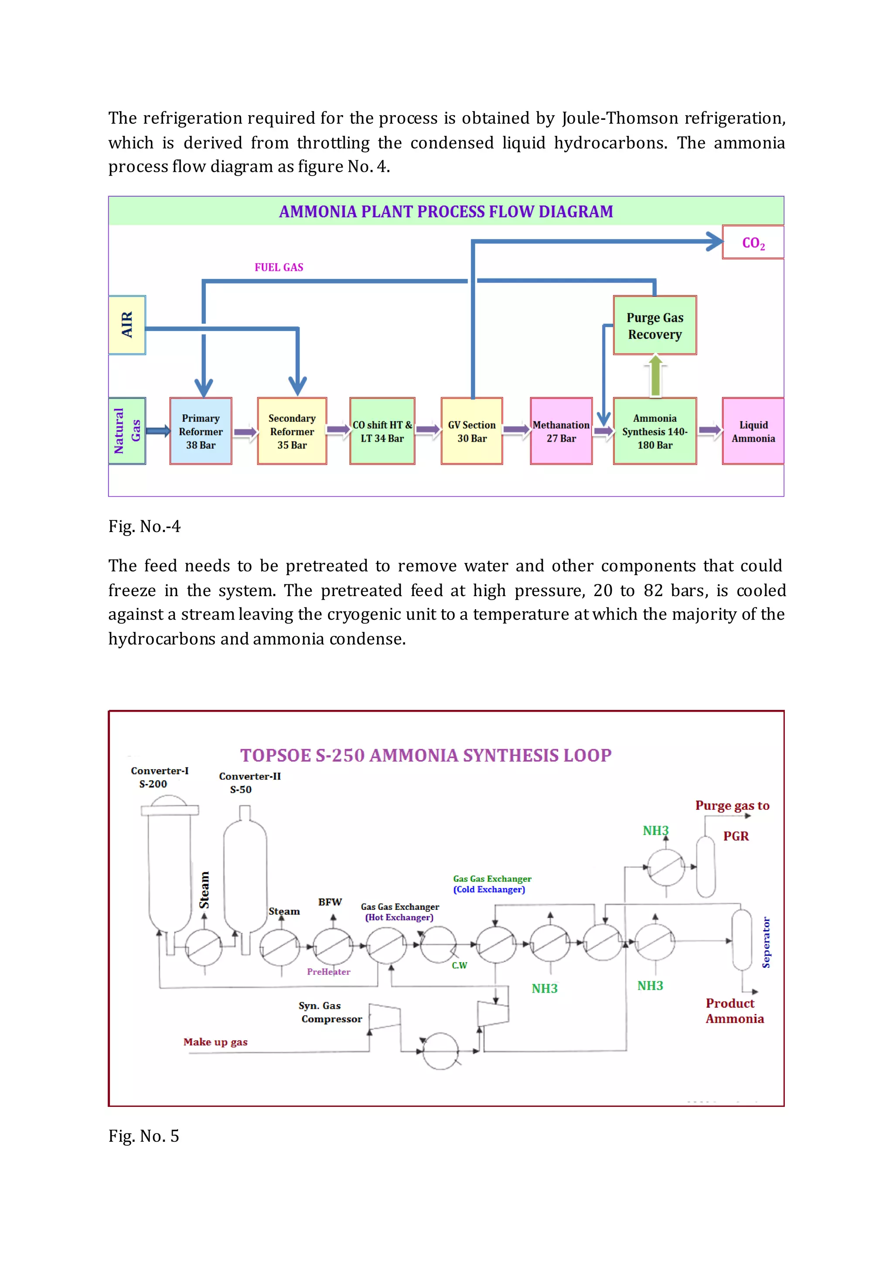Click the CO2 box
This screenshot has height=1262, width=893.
tap(752, 242)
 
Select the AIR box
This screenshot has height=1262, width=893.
tap(127, 325)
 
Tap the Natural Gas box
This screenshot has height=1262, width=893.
tap(127, 431)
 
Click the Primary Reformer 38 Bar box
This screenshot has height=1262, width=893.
tap(201, 431)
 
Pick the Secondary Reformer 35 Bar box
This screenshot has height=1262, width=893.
tap(292, 431)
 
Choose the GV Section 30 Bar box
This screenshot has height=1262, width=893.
tap(472, 431)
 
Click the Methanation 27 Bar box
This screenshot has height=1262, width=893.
tap(561, 431)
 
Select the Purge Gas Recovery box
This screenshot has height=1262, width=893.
tap(654, 326)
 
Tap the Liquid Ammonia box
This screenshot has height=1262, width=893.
tap(753, 431)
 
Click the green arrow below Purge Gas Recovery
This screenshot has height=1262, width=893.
tap(655, 376)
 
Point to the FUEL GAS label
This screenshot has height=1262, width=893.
tap(279, 267)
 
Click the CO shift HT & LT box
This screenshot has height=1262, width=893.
tap(382, 431)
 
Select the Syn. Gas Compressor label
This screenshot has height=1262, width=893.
tap(330, 1012)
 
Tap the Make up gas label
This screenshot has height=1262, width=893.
tap(215, 1041)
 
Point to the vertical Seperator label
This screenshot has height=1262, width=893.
tap(766, 942)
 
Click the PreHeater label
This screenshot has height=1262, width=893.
tap(328, 972)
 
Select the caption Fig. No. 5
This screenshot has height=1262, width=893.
tap(144, 1136)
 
